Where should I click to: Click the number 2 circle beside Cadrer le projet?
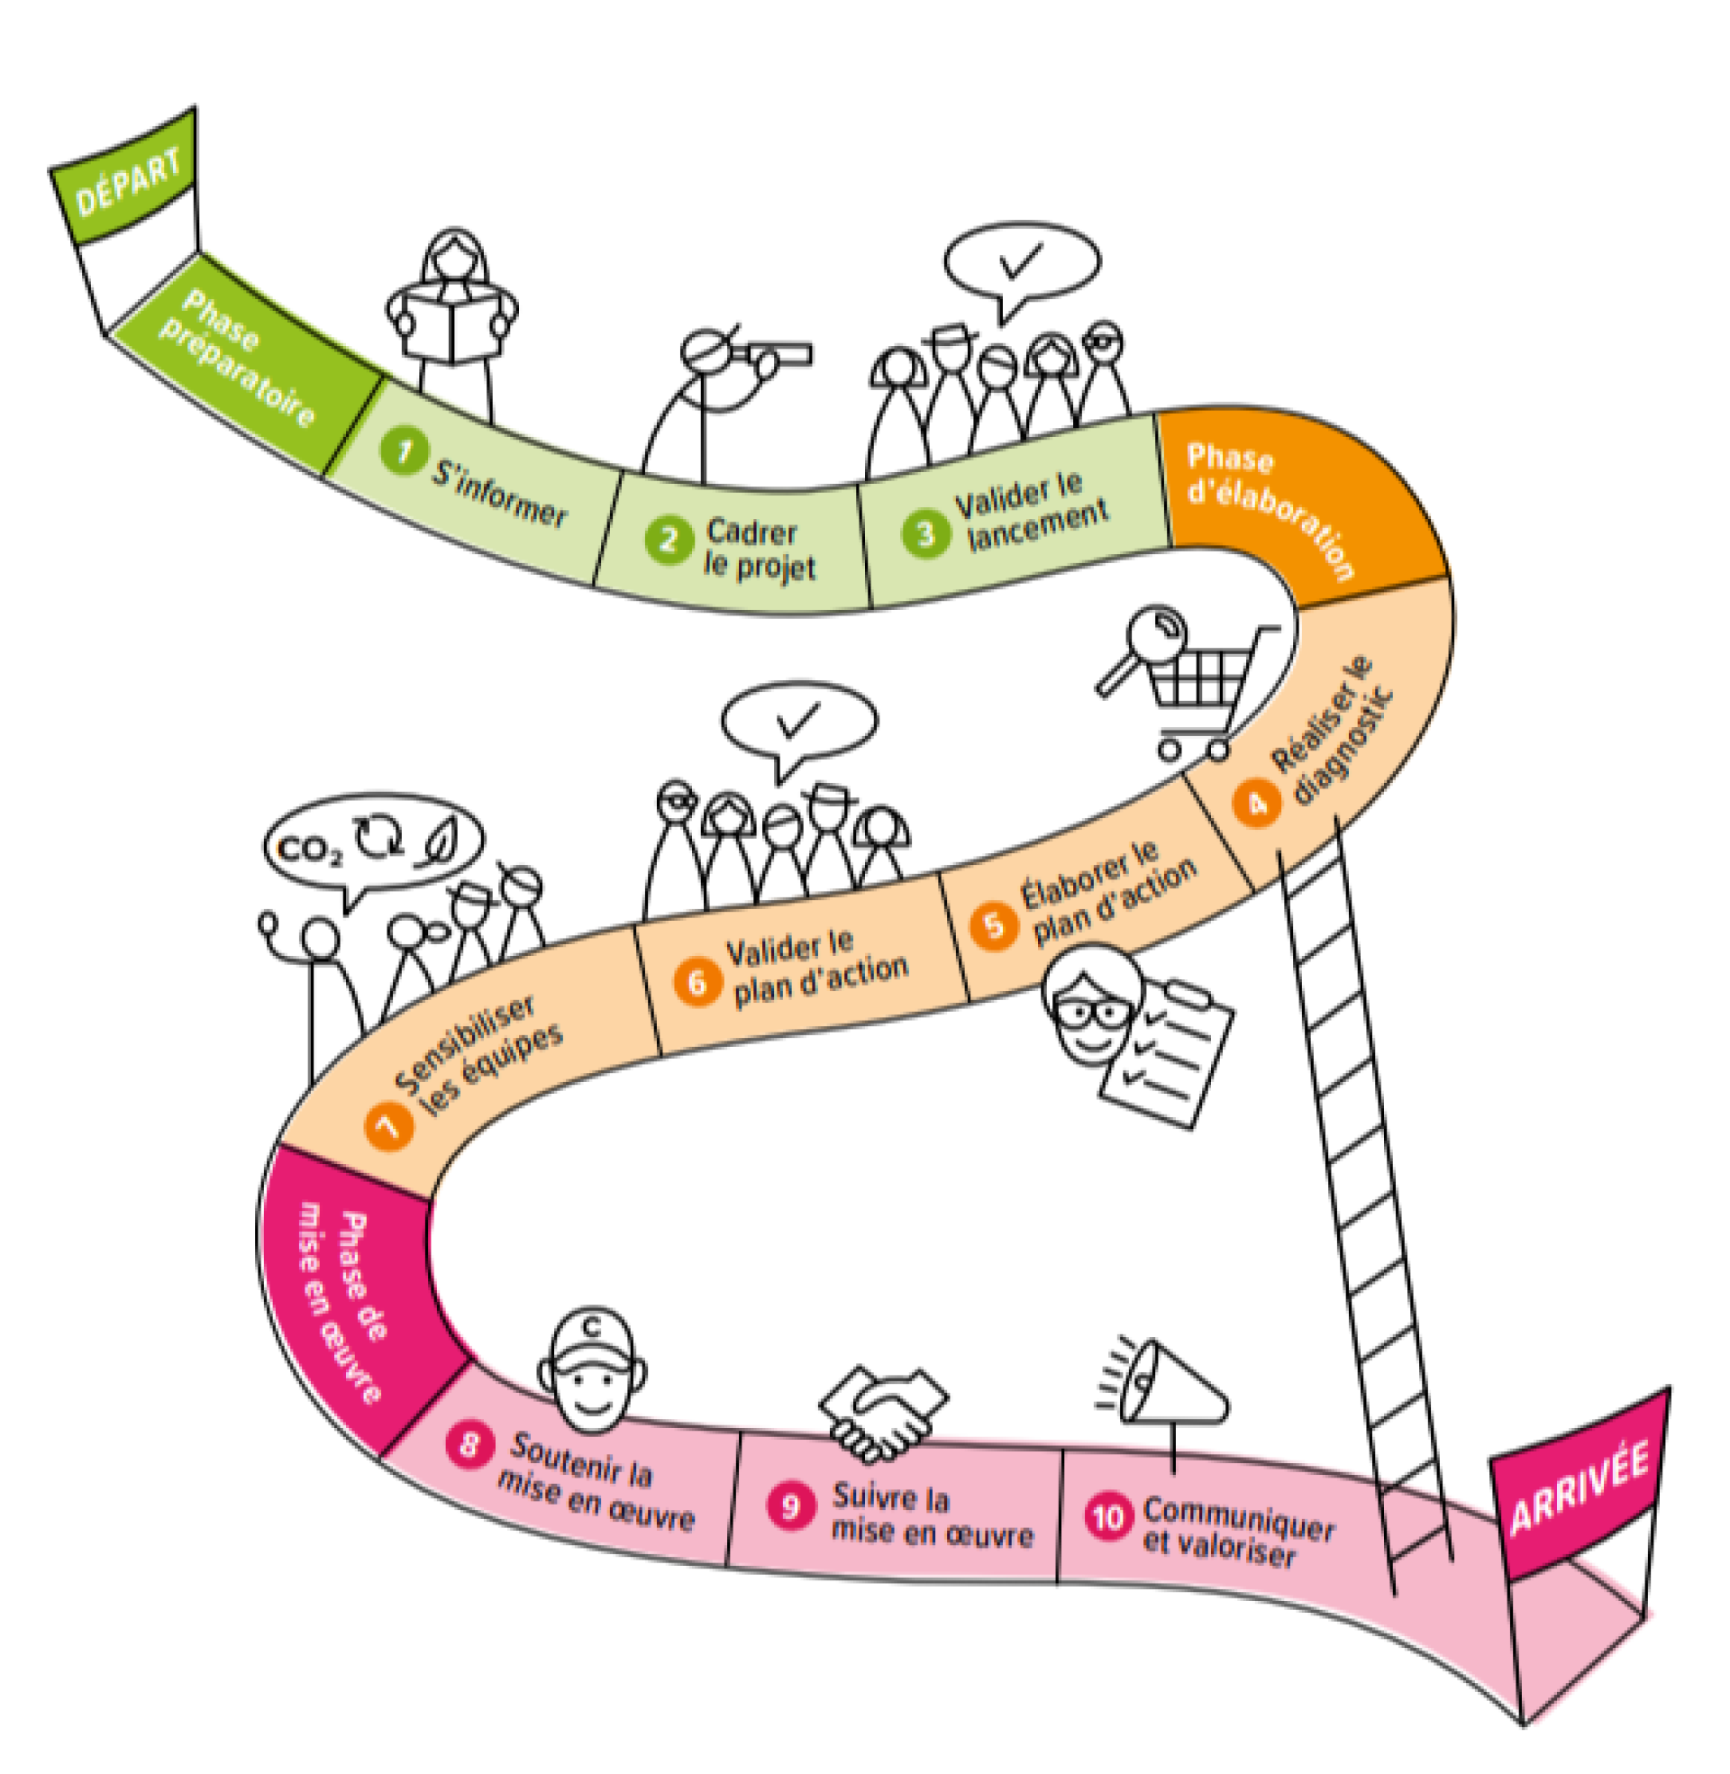click(669, 540)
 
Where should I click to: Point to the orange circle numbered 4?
click(1257, 803)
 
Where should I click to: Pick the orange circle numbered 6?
click(697, 983)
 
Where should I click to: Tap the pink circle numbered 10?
click(1107, 1517)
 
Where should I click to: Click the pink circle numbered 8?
click(469, 1443)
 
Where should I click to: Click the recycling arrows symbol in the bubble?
click(379, 836)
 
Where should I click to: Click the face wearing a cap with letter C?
click(592, 1371)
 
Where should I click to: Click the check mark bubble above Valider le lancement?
click(1021, 263)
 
